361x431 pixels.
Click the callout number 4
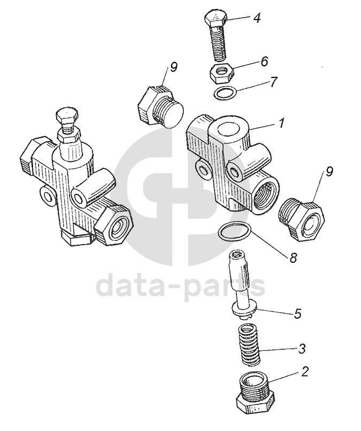pyautogui.click(x=257, y=19)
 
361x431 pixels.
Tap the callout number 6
pyautogui.click(x=264, y=61)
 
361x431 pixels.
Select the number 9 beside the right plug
pyautogui.click(x=329, y=173)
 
